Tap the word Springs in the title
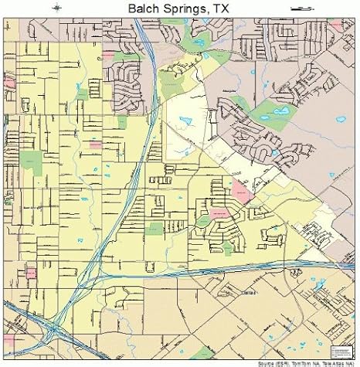click(178, 8)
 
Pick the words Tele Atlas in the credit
click(338, 363)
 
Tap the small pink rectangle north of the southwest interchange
click(32, 273)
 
